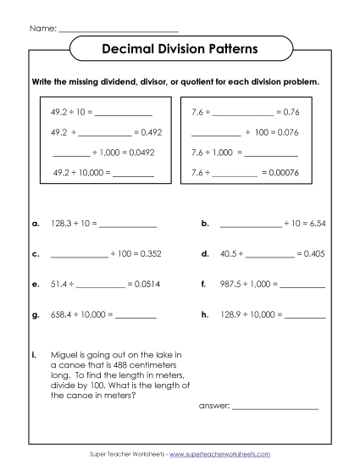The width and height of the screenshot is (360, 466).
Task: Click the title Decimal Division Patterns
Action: tap(180, 50)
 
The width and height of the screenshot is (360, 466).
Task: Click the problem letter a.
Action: tap(35, 224)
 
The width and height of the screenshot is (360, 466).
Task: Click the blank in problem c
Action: tap(80, 254)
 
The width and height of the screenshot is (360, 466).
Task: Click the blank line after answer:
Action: tap(275, 407)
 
